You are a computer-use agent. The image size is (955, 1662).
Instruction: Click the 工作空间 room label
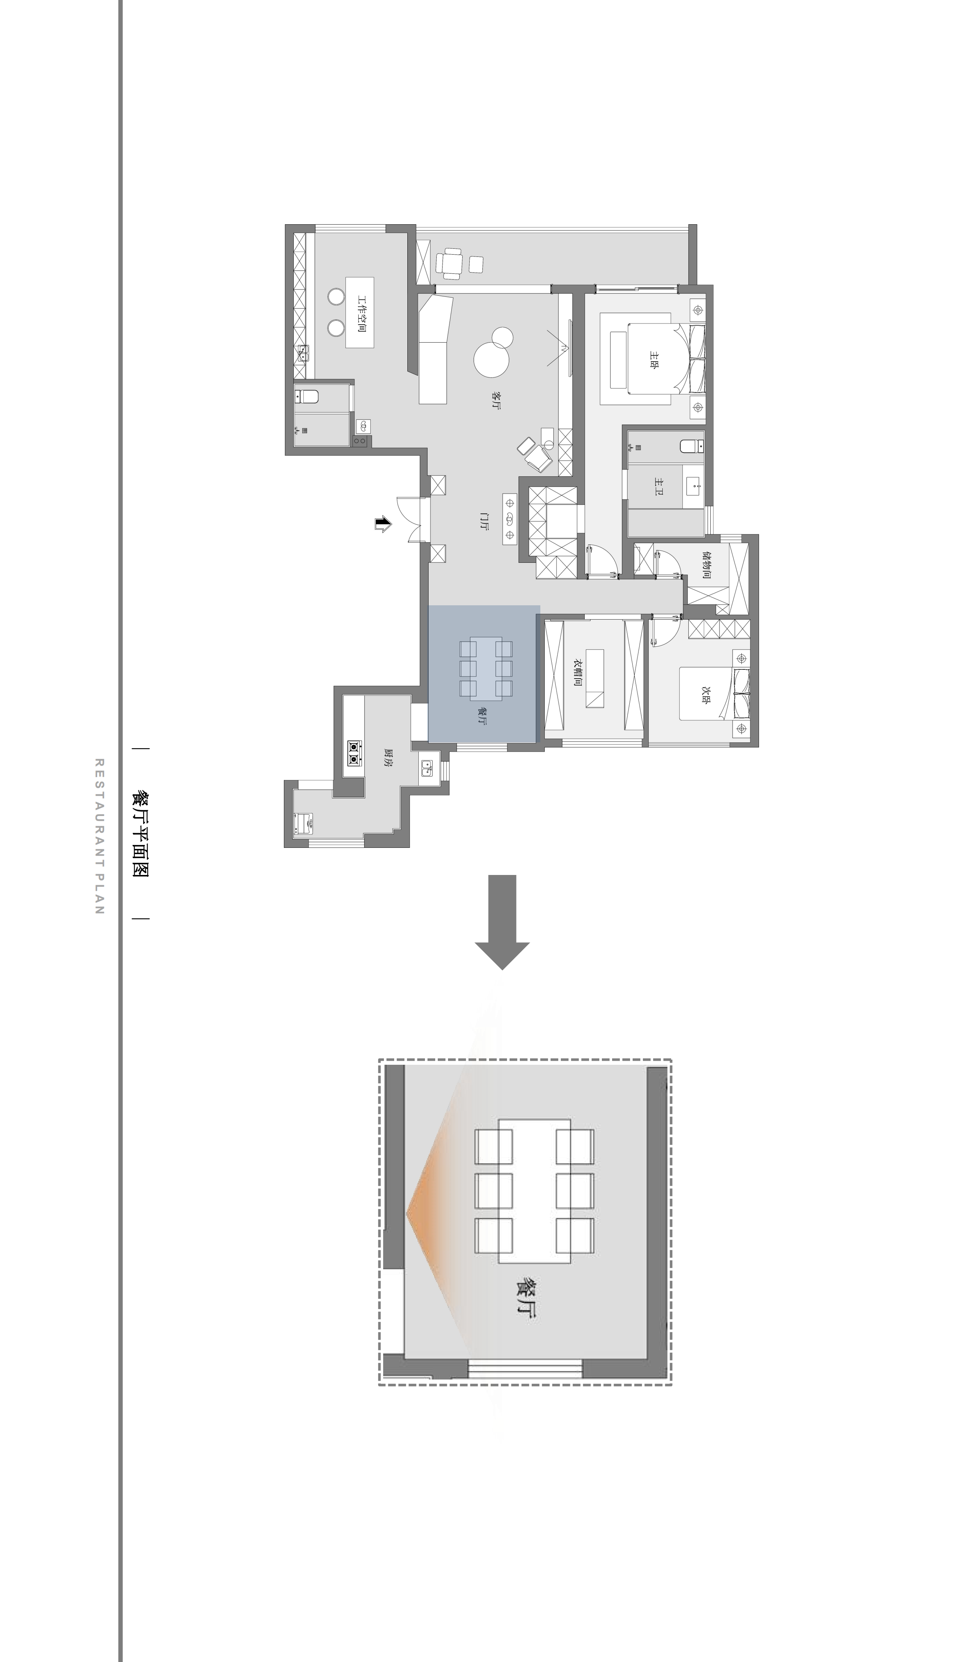[361, 313]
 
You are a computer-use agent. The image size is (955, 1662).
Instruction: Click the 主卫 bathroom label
[659, 486]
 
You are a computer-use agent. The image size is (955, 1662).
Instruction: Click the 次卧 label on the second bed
[706, 696]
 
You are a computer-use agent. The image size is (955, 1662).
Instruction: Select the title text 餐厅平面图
[140, 833]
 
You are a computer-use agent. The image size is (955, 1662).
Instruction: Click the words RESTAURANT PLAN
[100, 836]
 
